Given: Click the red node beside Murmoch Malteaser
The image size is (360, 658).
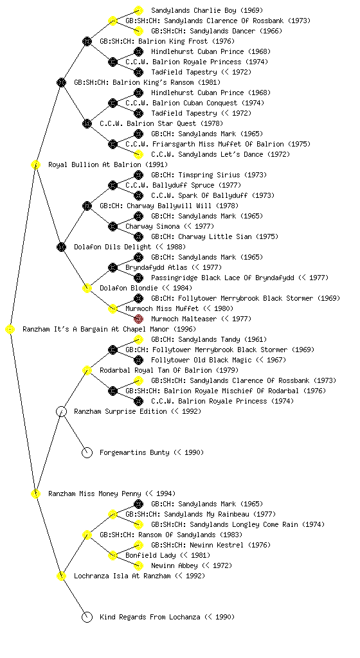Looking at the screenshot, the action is (138, 319).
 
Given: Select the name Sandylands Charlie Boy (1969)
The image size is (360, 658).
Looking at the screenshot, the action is (207, 10).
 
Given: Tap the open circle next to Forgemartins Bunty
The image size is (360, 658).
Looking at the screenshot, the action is (87, 452).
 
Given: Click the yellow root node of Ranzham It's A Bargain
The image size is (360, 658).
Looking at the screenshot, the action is (10, 330).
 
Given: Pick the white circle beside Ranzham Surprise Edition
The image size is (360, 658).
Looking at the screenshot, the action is (61, 412).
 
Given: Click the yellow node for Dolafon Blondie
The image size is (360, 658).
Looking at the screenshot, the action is (87, 289).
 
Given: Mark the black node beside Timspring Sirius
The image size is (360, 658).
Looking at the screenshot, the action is (138, 175).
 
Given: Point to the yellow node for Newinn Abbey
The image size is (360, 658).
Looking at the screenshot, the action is (138, 565).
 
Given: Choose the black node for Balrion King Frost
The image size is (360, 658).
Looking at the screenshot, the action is (87, 41).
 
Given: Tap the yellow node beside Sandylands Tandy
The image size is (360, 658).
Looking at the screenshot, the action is (138, 339).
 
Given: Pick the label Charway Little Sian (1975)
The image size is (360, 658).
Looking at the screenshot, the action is (215, 236).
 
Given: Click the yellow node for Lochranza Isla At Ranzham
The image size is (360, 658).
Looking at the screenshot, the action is (61, 576).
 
